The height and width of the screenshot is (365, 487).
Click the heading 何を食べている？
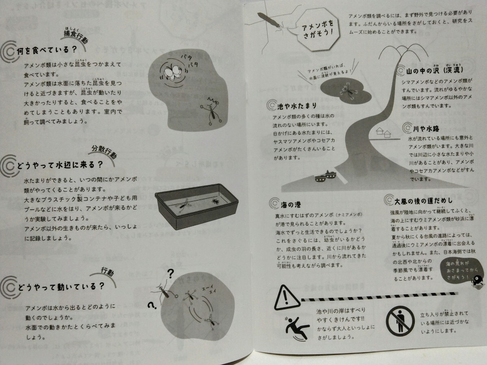47,51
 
